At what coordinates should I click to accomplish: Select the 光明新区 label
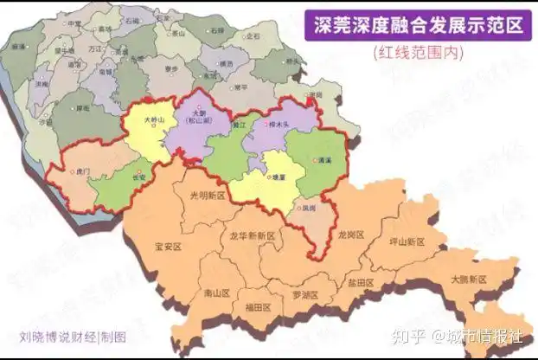[207, 196]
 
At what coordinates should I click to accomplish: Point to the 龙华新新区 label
[252, 235]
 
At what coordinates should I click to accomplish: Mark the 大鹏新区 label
[469, 279]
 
